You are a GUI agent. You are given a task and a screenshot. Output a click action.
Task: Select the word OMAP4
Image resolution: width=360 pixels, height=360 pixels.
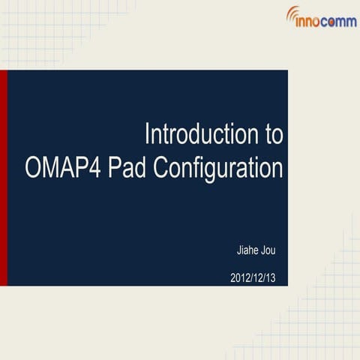(63, 167)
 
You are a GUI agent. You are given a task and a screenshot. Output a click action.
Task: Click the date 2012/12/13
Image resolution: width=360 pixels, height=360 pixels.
(253, 277)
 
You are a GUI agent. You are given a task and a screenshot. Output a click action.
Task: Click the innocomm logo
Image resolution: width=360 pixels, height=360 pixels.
(321, 17)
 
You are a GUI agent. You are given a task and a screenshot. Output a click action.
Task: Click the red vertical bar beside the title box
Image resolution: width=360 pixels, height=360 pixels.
(3, 178)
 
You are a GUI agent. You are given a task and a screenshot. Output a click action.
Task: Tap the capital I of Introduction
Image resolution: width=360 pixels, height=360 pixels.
(148, 136)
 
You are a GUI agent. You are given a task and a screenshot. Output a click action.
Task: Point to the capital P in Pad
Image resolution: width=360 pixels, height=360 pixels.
(115, 167)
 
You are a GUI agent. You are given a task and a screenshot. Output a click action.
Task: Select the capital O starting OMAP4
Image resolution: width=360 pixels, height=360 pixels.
(33, 167)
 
